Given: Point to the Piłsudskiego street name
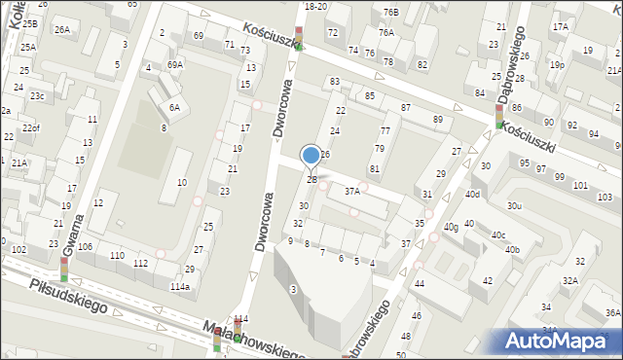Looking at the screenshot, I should coord(68,296).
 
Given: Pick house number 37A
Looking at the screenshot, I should coord(352,192).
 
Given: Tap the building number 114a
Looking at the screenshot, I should coord(179,287).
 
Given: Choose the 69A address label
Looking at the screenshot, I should coord(174,64).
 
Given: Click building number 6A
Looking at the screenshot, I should coord(174,108).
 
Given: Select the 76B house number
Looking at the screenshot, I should coord(390,12).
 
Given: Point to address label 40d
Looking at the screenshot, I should coord(472,195).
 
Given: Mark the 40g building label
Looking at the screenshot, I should coord(451,228).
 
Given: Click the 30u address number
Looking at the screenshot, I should coord(514,205).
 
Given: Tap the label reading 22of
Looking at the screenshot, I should coord(31,128).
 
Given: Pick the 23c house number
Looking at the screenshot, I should coord(36,96).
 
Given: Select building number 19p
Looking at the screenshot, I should coord(556,65).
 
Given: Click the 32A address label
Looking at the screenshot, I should coord(568,280).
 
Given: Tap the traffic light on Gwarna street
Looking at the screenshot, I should coord(64,269).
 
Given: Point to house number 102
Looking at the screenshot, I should coord(18,250).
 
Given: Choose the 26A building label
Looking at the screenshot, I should coord(61,30).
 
